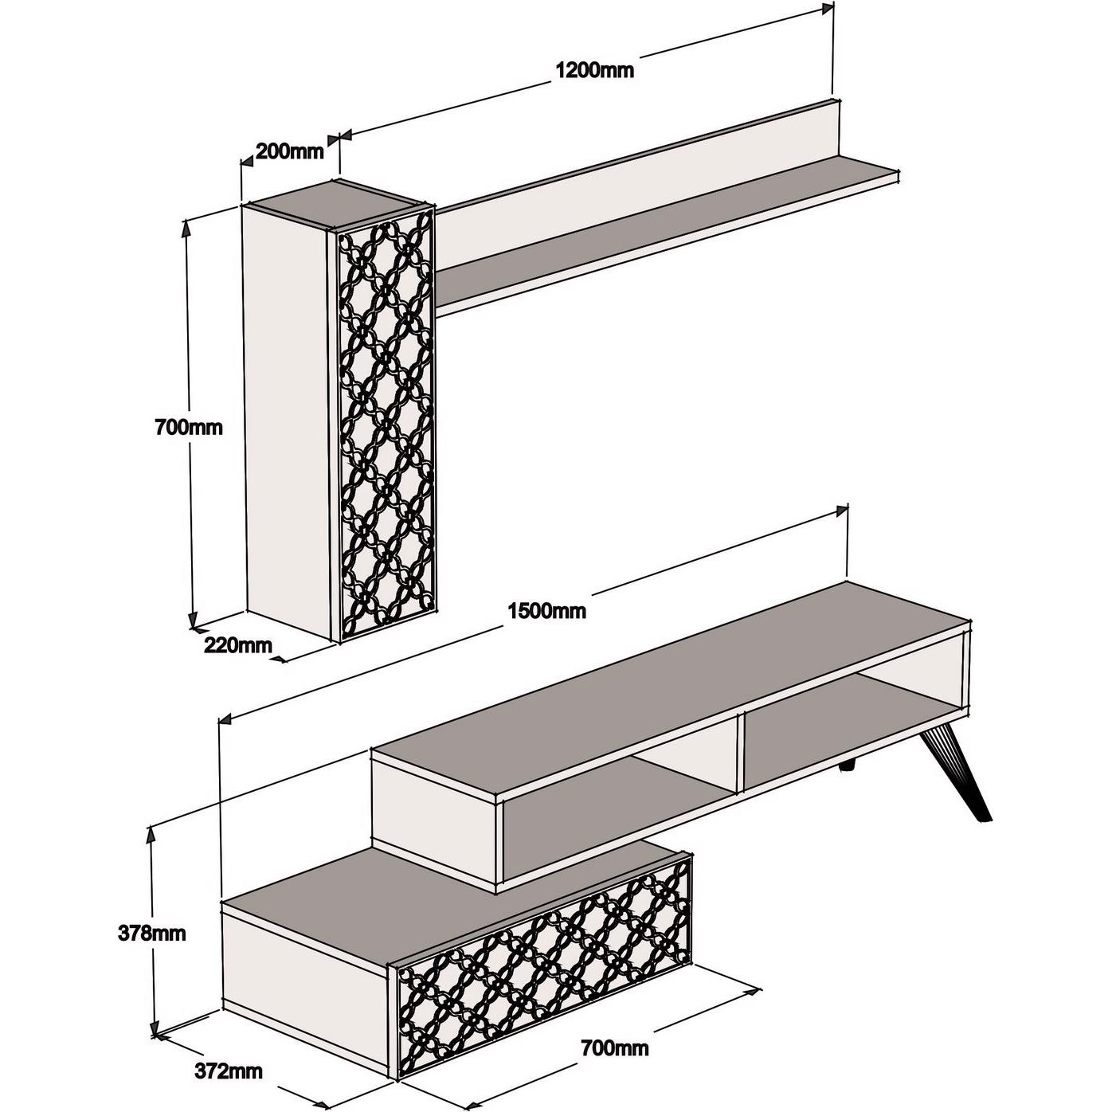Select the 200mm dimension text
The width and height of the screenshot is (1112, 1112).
pyautogui.click(x=289, y=151)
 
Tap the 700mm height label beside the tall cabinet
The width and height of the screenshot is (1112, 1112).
pyautogui.click(x=189, y=427)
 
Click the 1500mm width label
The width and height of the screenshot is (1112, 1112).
pyautogui.click(x=546, y=611)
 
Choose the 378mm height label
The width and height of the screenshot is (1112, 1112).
pyautogui.click(x=154, y=932)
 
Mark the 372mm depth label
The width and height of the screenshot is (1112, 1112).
pyautogui.click(x=229, y=1071)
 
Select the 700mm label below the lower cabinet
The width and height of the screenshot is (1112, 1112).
pyautogui.click(x=614, y=1048)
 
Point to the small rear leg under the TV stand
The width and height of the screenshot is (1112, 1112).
pyautogui.click(x=847, y=766)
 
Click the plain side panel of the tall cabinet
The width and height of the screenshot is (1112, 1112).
pyautogui.click(x=285, y=414)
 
